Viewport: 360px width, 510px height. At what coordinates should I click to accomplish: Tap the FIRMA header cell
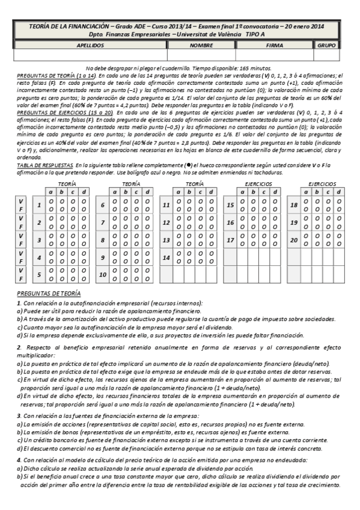pyautogui.click(x=275, y=45)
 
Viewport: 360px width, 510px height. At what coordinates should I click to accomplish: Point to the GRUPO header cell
pyautogui.click(x=326, y=45)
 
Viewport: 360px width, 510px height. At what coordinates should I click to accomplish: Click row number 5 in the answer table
pyautogui.click(x=38, y=275)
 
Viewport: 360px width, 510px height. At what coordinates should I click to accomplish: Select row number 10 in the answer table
pyautogui.click(x=103, y=275)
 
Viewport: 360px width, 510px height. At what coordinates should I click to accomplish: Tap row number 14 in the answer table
pyautogui.click(x=166, y=257)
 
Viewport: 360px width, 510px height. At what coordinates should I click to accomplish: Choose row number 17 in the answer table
pyautogui.click(x=230, y=240)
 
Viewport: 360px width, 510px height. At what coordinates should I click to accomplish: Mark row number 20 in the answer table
pyautogui.click(x=294, y=240)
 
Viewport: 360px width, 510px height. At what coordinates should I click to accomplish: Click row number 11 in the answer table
pyautogui.click(x=166, y=205)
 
